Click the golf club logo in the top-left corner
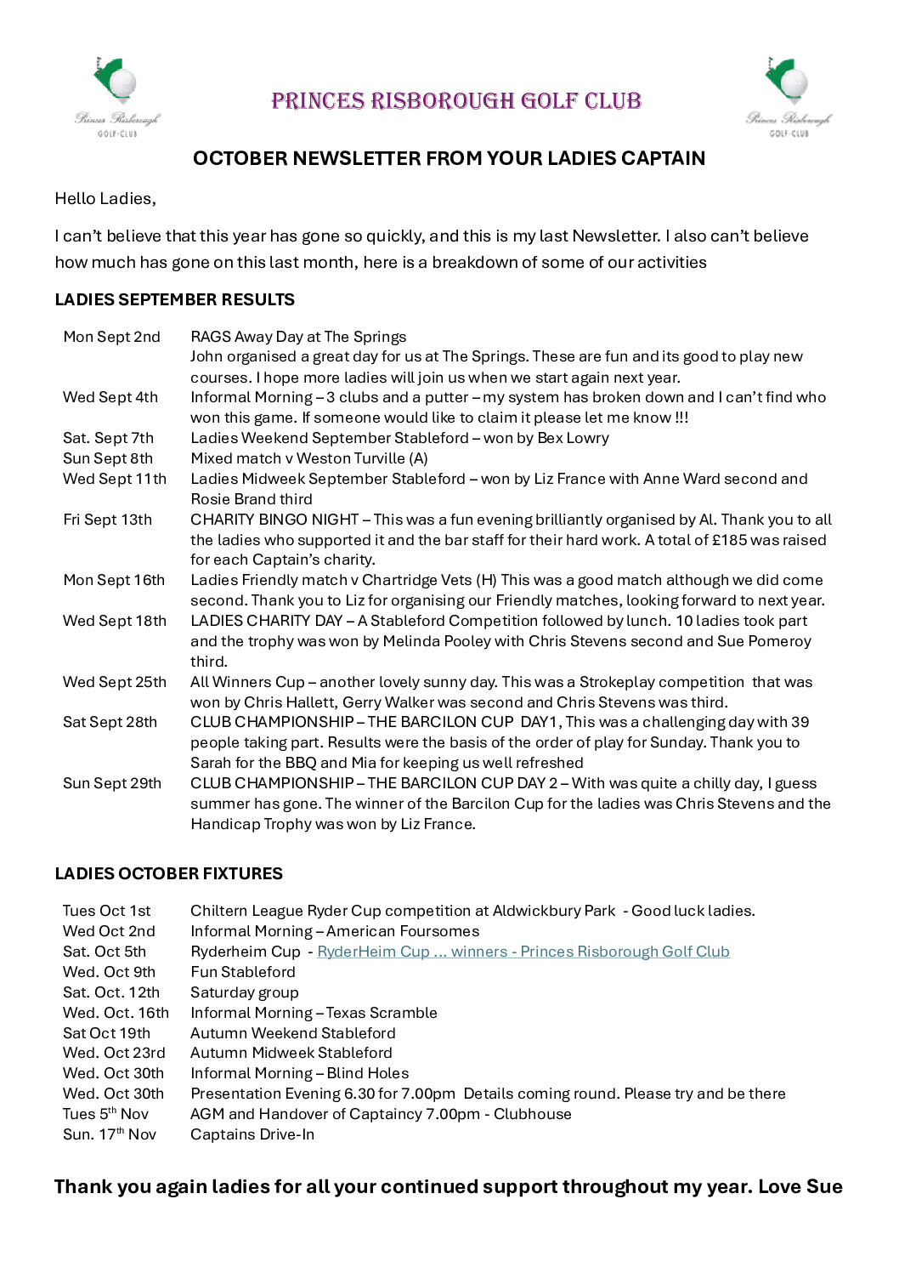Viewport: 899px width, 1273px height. point(116,96)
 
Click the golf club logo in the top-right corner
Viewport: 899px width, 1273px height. point(789,96)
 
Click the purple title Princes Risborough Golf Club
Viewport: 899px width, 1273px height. point(455,101)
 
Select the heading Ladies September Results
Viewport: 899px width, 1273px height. point(174,299)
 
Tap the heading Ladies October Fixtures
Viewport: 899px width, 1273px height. point(168,873)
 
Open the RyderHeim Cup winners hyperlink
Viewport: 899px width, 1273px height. point(523,952)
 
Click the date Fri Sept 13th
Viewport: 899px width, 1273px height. point(107,520)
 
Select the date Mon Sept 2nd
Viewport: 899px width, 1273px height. point(111,337)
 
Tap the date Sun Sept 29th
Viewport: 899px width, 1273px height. point(111,783)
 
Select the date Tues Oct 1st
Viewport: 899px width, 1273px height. point(106,911)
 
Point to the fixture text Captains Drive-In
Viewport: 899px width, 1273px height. point(252,1134)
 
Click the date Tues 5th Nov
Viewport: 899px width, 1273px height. point(105,1114)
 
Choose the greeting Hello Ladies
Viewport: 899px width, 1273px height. point(105,199)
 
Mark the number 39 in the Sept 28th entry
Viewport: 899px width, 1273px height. point(800,722)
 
